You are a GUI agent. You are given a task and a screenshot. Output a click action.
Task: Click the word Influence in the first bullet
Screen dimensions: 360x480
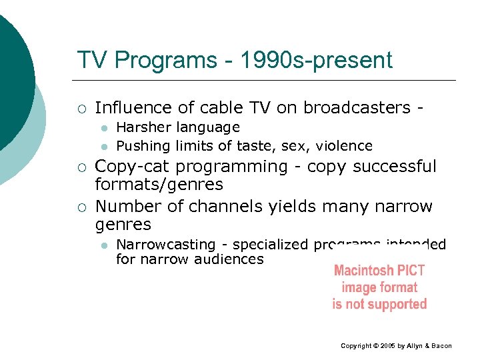(x=131, y=107)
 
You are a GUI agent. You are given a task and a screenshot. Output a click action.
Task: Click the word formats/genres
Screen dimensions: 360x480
(x=159, y=183)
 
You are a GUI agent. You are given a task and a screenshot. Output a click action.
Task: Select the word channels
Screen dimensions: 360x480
(x=220, y=207)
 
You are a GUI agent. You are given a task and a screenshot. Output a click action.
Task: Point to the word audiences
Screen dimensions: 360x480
(x=229, y=259)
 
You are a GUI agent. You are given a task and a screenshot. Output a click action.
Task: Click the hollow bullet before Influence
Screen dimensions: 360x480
(x=80, y=108)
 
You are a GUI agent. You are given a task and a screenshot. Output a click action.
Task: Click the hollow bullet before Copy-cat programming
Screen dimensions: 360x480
(x=80, y=167)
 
